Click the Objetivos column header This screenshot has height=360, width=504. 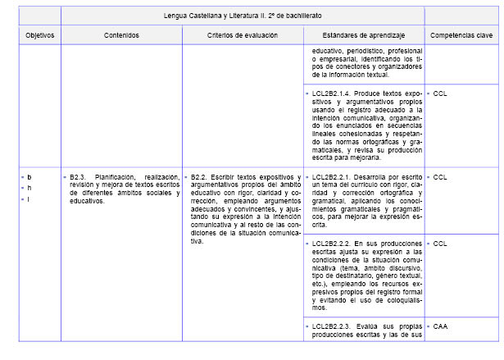(39, 35)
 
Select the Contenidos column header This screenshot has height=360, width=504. (121, 35)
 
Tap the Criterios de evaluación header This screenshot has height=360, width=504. (243, 35)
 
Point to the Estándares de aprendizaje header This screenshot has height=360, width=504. (363, 35)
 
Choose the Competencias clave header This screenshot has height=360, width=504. (461, 35)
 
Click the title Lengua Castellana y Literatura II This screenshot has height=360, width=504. (243, 15)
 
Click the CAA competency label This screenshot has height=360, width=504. (440, 326)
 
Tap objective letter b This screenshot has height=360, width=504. (30, 177)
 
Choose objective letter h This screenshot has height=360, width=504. (30, 188)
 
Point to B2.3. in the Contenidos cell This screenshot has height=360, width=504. (79, 177)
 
